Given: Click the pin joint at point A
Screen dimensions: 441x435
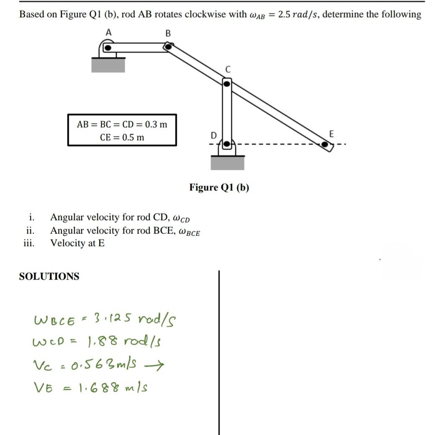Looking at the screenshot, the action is [108, 48].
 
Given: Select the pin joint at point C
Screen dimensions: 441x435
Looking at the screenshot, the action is [226, 84].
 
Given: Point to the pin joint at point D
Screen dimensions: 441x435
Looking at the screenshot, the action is [226, 144].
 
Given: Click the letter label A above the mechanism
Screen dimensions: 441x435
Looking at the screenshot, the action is [109, 32].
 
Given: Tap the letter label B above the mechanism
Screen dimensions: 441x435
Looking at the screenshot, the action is [168, 33].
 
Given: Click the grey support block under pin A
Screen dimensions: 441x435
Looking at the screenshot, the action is [108, 65].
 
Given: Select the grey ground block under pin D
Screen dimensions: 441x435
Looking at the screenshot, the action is [227, 162].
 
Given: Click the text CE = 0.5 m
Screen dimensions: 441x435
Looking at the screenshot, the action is [122, 137].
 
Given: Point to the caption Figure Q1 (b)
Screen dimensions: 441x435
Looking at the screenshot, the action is [219, 187].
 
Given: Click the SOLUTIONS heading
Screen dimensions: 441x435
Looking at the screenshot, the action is [49, 276].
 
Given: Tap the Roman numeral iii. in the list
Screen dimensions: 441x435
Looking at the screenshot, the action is [29, 243].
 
